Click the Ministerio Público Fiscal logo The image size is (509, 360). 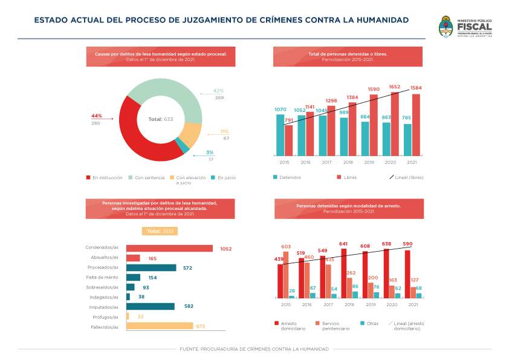[465, 28]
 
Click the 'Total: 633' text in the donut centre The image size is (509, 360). [161, 119]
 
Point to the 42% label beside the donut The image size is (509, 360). [218, 91]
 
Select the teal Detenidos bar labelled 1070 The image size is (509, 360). [280, 134]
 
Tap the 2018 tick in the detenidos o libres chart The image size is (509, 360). [348, 162]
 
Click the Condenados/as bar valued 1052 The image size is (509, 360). [169, 248]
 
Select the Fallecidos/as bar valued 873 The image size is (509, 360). [159, 326]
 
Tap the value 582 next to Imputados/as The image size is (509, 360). [189, 307]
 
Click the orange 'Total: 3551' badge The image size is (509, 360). [160, 231]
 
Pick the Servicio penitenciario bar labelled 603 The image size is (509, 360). [286, 275]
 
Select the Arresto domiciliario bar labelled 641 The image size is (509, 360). [344, 273]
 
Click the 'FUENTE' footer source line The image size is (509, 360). [254, 349]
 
